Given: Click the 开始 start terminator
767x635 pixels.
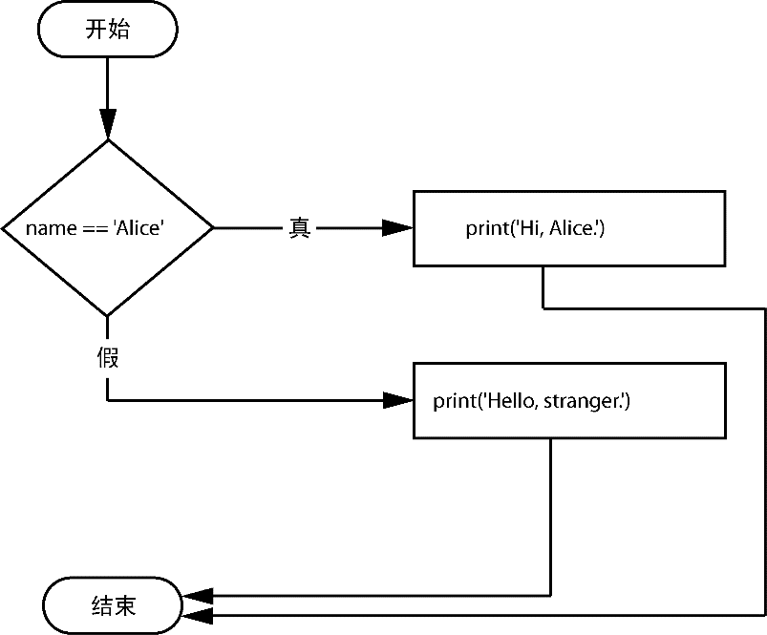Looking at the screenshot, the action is pos(108,30).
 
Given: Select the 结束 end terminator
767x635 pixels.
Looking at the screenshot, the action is pos(113,605).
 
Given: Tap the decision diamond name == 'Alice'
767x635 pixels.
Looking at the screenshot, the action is pos(108,228).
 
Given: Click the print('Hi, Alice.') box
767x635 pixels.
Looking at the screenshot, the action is pos(569,229).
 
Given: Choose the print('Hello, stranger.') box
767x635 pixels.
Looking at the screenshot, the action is pos(569,401).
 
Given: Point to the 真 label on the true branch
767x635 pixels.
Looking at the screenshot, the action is pos(299,228).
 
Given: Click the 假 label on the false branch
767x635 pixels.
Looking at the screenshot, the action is pos(108,357).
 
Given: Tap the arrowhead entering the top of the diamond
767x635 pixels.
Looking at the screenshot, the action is pos(108,124).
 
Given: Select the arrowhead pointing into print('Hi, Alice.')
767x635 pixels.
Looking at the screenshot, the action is pos(397,228).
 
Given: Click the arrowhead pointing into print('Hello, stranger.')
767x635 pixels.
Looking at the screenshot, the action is pos(397,400).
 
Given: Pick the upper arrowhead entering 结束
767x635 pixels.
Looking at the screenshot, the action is pos(198,596).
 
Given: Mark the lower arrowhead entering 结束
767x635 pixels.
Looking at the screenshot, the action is pos(198,616).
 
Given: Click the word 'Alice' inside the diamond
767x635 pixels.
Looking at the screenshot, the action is pos(138,228).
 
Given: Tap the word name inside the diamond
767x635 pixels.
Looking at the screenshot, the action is pos(51,229).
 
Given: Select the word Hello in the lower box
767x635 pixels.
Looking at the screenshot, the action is pos(511,401).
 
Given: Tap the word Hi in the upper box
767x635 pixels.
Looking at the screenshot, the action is pos(529,228).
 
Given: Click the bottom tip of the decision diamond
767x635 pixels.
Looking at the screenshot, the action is pos(108,316).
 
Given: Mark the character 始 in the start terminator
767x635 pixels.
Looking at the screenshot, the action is pos(118,30).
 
